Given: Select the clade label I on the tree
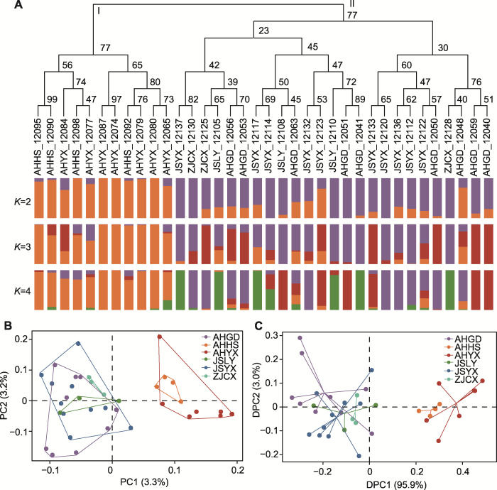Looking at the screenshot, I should (x=99, y=12).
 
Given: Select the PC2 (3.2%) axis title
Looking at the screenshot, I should (x=7, y=372).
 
